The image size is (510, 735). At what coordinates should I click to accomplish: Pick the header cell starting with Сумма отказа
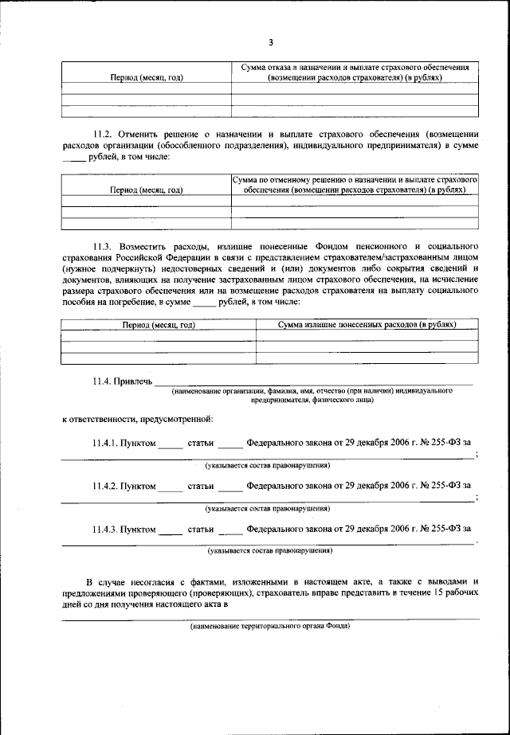point(355,73)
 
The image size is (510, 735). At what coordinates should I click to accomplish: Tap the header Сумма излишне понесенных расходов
point(367,325)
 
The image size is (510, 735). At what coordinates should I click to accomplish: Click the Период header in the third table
point(158,325)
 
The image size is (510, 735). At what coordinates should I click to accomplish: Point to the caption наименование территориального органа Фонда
point(270,626)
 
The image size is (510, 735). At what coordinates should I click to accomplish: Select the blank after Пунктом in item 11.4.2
point(170,485)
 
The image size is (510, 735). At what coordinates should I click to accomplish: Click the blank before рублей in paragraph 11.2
point(73,157)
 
